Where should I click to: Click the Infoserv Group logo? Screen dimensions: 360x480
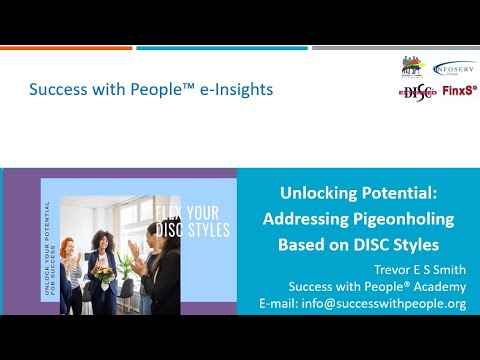coord(455,68)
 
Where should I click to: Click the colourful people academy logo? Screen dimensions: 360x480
coord(412,67)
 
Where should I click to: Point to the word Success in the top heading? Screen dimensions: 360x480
coord(56,89)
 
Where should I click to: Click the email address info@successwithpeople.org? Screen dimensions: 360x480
coord(389,303)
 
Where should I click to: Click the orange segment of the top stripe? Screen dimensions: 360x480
coord(66,47)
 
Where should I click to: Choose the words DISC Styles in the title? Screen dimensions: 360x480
coord(409,244)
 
